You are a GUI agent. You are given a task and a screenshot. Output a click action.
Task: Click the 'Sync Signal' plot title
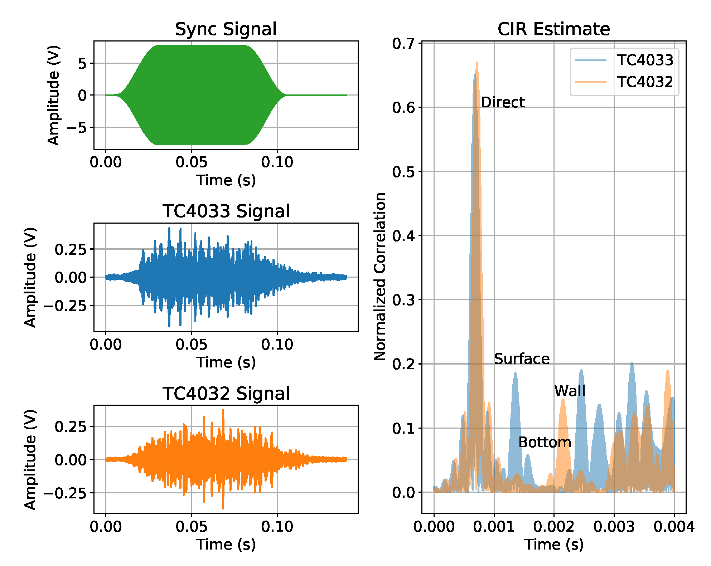226,29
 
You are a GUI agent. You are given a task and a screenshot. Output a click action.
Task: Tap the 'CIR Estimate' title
553,29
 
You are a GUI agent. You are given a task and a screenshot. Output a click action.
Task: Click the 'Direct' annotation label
502,102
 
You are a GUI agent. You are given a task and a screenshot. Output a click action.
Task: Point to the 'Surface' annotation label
522,359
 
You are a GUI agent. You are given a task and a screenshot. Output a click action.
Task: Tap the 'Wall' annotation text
570,391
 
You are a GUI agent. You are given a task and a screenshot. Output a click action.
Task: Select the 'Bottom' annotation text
545,443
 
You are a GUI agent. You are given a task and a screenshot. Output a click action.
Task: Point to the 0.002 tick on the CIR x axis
554,527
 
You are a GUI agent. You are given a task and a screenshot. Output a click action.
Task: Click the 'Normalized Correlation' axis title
380,276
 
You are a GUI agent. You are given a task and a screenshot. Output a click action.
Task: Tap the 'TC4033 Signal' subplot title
226,211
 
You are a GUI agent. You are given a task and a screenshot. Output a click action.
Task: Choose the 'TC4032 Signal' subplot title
226,394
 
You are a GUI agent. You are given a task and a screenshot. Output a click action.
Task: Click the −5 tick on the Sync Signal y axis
77,127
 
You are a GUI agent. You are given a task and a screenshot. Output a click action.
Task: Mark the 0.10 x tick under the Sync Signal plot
277,162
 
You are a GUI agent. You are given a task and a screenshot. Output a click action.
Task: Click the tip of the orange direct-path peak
477,63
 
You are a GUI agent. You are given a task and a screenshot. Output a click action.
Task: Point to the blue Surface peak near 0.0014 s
515,374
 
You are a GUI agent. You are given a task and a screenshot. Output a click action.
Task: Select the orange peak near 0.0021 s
563,400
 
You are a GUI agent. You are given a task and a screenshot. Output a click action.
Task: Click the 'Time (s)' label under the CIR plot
554,545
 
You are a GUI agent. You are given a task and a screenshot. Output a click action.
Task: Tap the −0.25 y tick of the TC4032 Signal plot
65,493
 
